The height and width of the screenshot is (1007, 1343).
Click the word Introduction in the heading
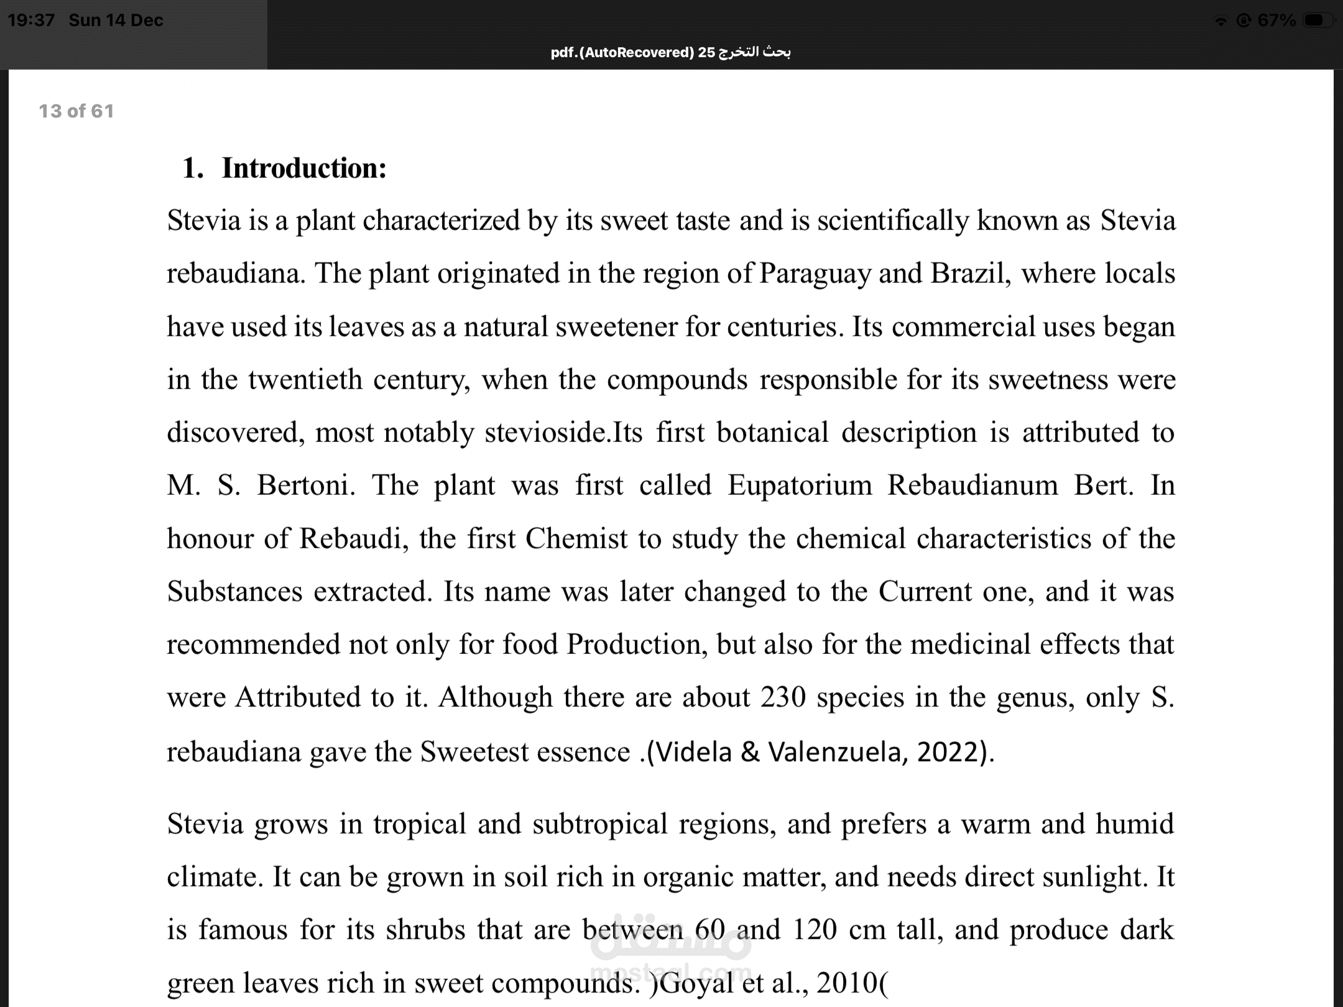pos(304,168)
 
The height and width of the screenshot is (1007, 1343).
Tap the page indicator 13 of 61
pos(76,111)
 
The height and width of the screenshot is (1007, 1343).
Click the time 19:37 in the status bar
pos(31,21)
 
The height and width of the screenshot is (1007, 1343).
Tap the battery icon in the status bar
pos(1317,21)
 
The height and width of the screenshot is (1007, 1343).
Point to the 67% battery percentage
pos(1276,21)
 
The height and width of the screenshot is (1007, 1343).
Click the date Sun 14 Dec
pos(116,21)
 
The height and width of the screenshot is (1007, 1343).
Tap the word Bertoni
pos(306,485)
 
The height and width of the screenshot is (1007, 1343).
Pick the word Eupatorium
pos(800,485)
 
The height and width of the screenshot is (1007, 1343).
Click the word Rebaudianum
pos(972,485)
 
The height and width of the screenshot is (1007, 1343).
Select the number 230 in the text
pos(783,697)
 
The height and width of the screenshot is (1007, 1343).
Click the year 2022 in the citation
pos(951,752)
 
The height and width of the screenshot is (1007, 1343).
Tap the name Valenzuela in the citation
pos(834,752)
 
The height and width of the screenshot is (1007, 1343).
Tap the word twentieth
pos(305,380)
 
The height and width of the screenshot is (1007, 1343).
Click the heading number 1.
pos(192,168)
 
